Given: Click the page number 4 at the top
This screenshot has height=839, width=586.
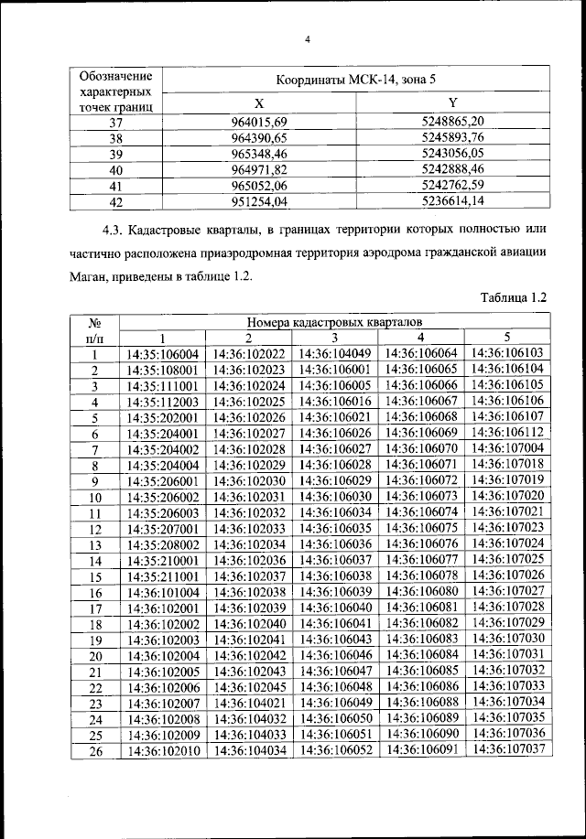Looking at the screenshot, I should (x=309, y=39).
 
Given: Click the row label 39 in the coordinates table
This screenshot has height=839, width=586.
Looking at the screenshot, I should (x=115, y=153).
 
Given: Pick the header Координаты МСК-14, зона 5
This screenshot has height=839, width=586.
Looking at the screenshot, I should (x=358, y=80).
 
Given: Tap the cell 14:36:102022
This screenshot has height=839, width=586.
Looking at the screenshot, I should (x=249, y=354).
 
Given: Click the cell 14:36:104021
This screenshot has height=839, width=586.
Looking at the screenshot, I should (x=249, y=703).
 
